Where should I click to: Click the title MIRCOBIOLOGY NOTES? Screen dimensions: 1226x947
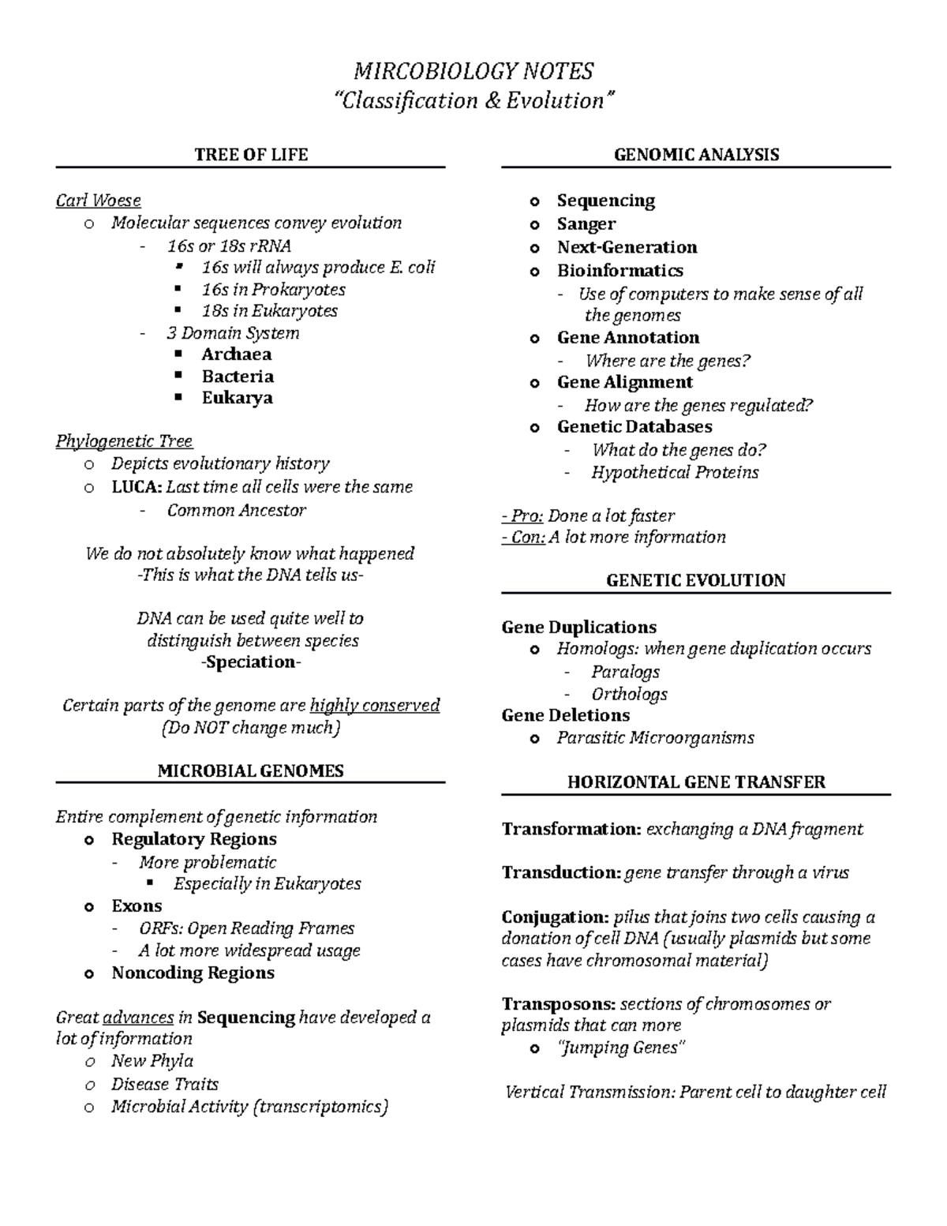pos(473,72)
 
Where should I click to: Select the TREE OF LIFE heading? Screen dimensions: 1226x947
pos(251,155)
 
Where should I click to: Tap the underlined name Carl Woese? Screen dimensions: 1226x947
pos(98,201)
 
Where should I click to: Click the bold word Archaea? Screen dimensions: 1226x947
pos(236,354)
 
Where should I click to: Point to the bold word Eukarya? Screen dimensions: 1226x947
pos(237,398)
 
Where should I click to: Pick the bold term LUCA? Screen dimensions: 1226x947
pos(137,487)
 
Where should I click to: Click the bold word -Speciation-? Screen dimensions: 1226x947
pos(251,662)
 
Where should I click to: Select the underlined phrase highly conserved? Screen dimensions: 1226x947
pos(375,706)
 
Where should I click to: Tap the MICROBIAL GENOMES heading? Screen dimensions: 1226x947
pos(250,770)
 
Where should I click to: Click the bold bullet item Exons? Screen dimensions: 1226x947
pos(137,906)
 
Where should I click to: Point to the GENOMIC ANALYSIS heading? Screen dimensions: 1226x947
pos(696,155)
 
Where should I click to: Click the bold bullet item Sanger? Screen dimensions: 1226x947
pos(586,224)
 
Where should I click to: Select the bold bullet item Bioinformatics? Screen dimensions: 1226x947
pos(619,271)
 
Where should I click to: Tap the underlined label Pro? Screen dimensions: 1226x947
pos(522,516)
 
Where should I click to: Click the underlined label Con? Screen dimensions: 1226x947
pos(523,538)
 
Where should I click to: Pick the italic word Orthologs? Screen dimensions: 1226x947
pos(629,694)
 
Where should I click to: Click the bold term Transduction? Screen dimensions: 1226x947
pos(561,873)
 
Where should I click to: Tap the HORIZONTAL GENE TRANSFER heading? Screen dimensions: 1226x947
pos(696,782)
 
